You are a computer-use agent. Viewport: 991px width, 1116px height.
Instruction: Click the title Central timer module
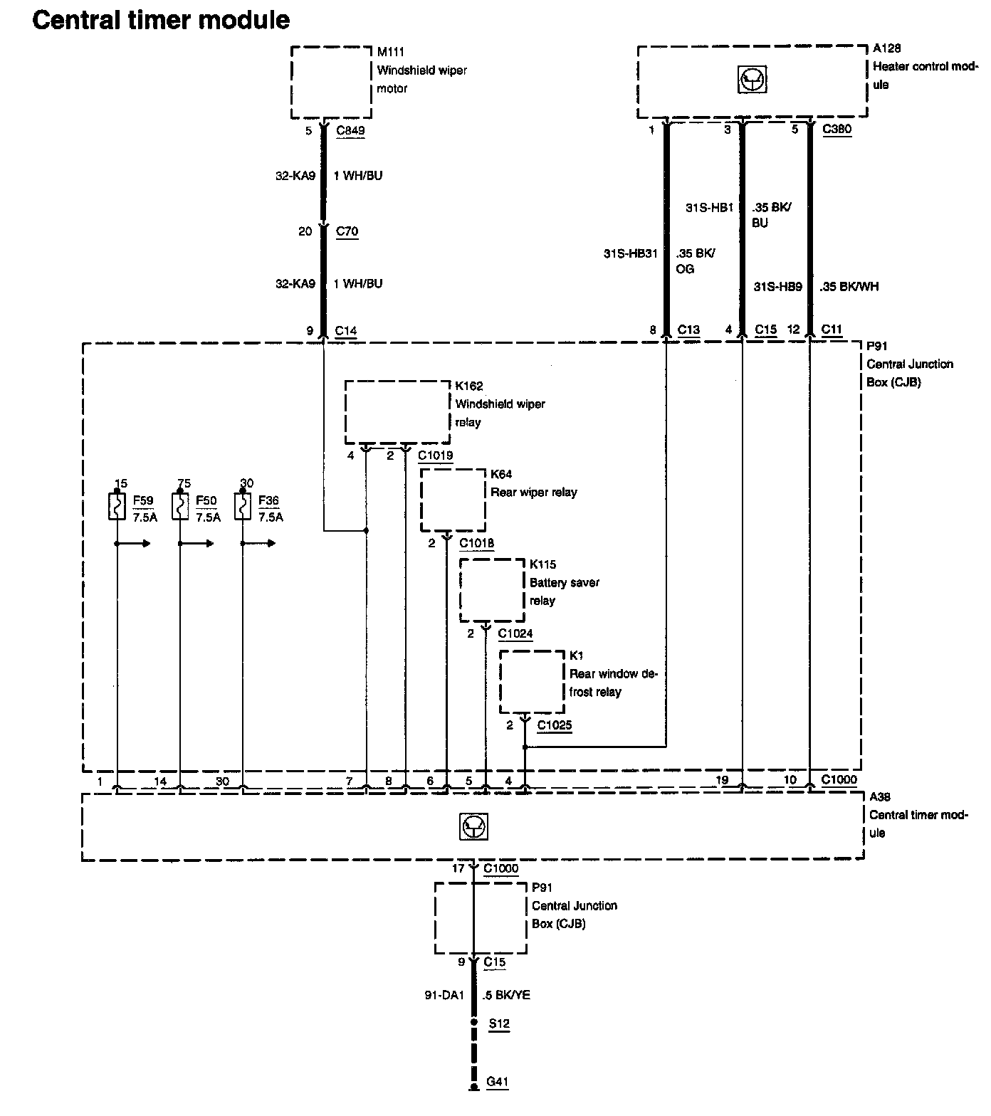click(x=161, y=20)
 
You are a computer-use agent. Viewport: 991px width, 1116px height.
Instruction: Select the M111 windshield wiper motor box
click(x=331, y=82)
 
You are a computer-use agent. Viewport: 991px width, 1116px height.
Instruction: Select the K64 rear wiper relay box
click(x=453, y=500)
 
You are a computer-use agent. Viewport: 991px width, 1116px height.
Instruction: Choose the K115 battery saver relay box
click(x=492, y=590)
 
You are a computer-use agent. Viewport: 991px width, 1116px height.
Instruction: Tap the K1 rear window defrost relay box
click(x=532, y=681)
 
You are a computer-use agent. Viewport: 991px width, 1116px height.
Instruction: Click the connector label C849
click(x=350, y=131)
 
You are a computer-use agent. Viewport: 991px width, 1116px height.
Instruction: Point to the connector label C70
click(x=347, y=231)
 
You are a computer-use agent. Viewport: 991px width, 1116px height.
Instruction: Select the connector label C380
click(x=837, y=130)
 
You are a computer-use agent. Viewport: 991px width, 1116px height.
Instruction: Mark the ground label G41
click(x=498, y=1083)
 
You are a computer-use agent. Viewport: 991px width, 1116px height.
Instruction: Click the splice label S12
click(x=498, y=1024)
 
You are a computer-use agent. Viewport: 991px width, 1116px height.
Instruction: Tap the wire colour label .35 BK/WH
click(x=849, y=287)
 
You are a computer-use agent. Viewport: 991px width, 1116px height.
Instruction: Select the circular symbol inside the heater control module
click(x=752, y=80)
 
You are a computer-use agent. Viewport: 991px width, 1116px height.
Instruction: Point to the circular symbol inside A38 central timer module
click(x=473, y=826)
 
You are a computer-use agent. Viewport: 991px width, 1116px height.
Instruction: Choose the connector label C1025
click(x=555, y=725)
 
